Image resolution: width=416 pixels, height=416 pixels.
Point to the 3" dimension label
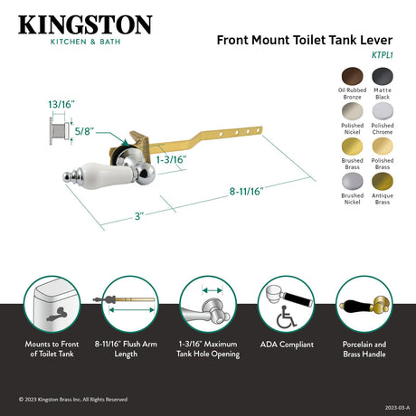point(137,217)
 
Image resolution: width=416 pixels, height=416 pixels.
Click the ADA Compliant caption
point(286,345)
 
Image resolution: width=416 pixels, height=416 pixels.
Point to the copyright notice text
point(73,399)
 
